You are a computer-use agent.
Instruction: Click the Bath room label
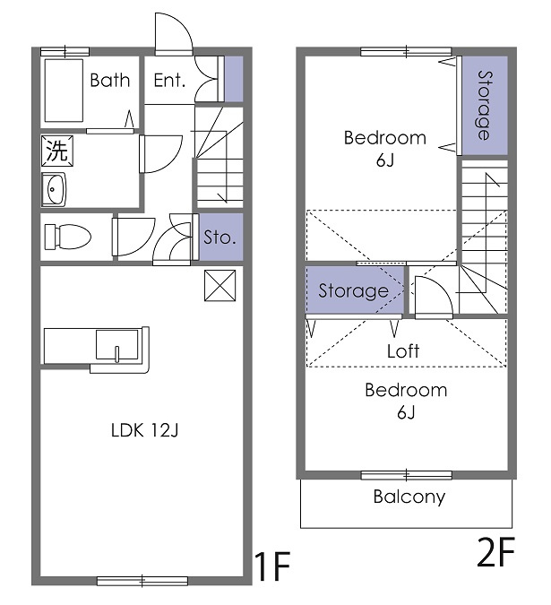click(109, 81)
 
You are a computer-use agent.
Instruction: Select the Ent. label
click(169, 81)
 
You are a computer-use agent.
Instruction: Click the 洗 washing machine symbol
click(56, 151)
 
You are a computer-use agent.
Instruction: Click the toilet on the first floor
click(68, 236)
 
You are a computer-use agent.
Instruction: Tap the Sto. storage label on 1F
click(220, 238)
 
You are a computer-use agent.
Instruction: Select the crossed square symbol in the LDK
click(220, 285)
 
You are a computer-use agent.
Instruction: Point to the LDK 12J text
click(145, 431)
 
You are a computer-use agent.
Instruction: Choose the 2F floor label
click(495, 555)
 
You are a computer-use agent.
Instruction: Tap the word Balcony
click(409, 497)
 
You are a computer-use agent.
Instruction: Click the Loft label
click(403, 351)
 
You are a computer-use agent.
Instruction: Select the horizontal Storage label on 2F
click(353, 291)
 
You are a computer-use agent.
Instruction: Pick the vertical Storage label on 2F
click(484, 105)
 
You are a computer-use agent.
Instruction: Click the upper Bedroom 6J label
click(385, 149)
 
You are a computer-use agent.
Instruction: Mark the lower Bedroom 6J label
click(405, 401)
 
